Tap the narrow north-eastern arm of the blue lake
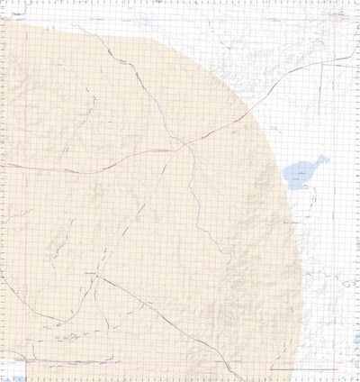321,160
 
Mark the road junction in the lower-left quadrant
94,274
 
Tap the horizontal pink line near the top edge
180,18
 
